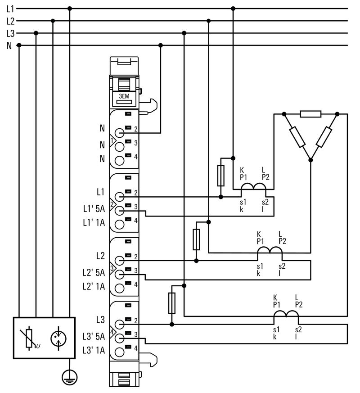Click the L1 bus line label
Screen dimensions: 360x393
(x=10, y=9)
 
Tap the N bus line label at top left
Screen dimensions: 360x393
(x=9, y=45)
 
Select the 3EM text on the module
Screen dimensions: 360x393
(x=124, y=96)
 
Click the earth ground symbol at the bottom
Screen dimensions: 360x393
(x=69, y=377)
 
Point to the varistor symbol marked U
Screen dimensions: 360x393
(x=29, y=339)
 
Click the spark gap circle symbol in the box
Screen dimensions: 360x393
(x=58, y=339)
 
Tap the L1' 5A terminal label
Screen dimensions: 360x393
(x=94, y=208)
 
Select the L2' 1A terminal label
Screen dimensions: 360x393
(x=94, y=286)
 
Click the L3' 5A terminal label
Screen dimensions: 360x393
(x=94, y=336)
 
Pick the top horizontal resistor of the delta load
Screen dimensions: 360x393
(x=310, y=114)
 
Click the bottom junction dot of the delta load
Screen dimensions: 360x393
(x=310, y=160)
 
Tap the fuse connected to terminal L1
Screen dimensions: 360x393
(x=220, y=176)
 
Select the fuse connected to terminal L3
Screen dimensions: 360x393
(x=171, y=303)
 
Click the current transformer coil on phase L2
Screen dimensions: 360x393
(x=270, y=250)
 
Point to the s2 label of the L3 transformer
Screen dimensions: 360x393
(x=298, y=330)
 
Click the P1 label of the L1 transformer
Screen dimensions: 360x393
(x=243, y=177)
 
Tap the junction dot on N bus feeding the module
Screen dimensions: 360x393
(x=161, y=45)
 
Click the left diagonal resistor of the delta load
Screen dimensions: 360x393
(x=297, y=137)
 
